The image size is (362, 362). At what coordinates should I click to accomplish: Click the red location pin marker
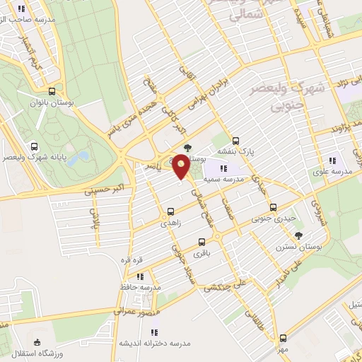[182, 166]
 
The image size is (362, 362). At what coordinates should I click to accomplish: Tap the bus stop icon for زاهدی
[170, 211]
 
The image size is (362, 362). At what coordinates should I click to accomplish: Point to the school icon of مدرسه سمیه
[223, 168]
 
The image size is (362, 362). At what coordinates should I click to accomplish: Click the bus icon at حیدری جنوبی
[274, 207]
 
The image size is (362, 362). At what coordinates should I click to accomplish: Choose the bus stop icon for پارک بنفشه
[236, 140]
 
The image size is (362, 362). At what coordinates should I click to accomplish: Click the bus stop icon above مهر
[283, 338]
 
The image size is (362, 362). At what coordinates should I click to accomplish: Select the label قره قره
[132, 259]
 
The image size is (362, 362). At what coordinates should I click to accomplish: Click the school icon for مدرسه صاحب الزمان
[21, 9]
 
